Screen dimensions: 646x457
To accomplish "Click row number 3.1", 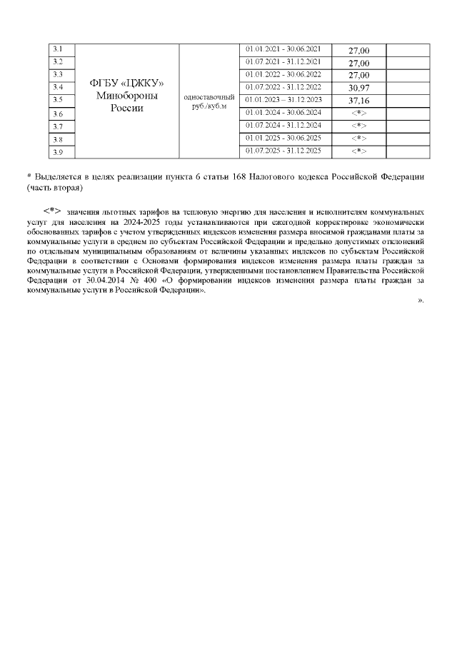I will pyautogui.click(x=59, y=49).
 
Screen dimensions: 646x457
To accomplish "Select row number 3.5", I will pyautogui.click(x=59, y=100).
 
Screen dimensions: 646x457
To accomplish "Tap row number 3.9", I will pyautogui.click(x=59, y=151).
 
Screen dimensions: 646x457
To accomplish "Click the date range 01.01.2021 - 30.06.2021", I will pyautogui.click(x=283, y=49).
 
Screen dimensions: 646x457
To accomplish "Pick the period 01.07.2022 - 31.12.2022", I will pyautogui.click(x=283, y=87).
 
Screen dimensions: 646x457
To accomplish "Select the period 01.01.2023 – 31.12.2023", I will pyautogui.click(x=283, y=99).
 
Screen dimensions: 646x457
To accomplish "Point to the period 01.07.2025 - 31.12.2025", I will pyautogui.click(x=283, y=151).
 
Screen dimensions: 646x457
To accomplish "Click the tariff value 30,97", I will pyautogui.click(x=358, y=88).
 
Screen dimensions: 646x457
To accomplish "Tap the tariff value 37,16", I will pyautogui.click(x=358, y=101).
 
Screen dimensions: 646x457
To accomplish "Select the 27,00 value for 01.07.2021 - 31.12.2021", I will pyautogui.click(x=358, y=63).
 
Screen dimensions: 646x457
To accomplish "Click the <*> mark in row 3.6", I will pyautogui.click(x=358, y=113).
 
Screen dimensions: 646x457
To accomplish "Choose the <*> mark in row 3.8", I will pyautogui.click(x=358, y=138).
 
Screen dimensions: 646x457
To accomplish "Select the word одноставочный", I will pyautogui.click(x=209, y=96).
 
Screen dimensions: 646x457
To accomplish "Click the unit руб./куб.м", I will pyautogui.click(x=209, y=106).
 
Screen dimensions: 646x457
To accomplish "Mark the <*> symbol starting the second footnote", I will pyautogui.click(x=52, y=211).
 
